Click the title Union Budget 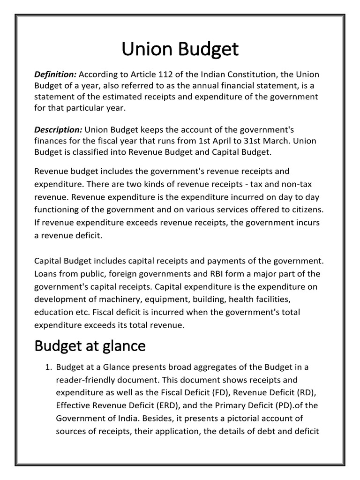180,49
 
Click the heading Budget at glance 90,346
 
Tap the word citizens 301,209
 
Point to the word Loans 46,273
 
